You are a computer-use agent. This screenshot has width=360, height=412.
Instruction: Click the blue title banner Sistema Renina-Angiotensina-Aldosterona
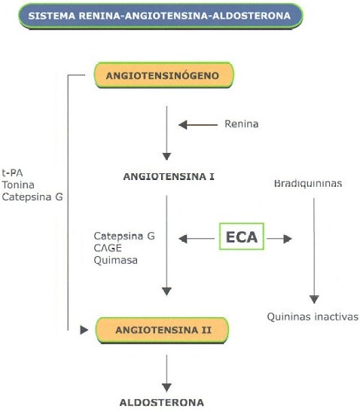(160, 16)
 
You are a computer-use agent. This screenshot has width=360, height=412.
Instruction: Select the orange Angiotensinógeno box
(164, 75)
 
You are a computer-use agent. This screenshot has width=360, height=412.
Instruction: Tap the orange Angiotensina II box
(162, 330)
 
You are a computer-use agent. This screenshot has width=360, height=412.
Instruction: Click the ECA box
(242, 237)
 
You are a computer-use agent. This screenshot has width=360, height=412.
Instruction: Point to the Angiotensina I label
(169, 176)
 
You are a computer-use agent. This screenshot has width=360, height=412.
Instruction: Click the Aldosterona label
(162, 402)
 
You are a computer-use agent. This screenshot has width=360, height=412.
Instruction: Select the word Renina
(242, 124)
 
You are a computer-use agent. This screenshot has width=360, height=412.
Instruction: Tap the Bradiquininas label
(308, 183)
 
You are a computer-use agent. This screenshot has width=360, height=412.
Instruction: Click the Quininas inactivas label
(313, 317)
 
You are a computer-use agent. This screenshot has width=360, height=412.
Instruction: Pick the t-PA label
(12, 173)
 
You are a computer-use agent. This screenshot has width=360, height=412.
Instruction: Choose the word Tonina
(18, 185)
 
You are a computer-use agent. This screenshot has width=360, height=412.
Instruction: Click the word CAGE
(108, 248)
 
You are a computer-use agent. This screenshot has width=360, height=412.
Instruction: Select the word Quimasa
(116, 261)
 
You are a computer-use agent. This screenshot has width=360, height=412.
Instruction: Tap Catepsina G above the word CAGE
(124, 236)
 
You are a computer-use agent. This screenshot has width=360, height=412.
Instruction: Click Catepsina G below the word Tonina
(32, 197)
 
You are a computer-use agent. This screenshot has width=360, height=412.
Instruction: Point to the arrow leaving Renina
(198, 125)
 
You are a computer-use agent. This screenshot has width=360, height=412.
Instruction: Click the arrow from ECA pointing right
(279, 239)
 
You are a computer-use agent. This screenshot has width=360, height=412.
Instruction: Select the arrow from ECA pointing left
(197, 239)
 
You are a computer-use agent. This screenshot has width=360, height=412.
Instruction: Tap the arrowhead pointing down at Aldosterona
(166, 388)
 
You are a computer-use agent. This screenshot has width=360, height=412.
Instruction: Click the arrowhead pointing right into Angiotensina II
(84, 330)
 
